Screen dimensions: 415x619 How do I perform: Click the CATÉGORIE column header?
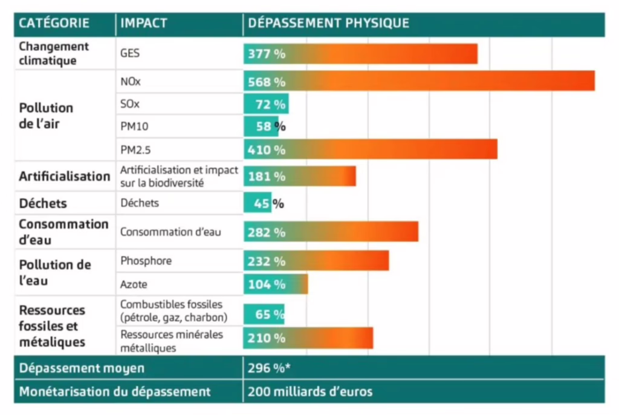pyautogui.click(x=54, y=24)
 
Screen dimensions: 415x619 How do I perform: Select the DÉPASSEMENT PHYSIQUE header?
pyautogui.click(x=329, y=24)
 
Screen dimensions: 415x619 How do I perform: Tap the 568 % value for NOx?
pyautogui.click(x=266, y=82)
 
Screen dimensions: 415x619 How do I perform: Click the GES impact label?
pyautogui.click(x=129, y=53)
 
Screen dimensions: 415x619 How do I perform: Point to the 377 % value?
pyautogui.click(x=266, y=54)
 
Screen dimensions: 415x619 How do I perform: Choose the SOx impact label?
pyautogui.click(x=129, y=104)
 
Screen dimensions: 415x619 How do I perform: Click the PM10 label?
pyautogui.click(x=134, y=126)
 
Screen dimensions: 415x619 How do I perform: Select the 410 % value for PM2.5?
pyautogui.click(x=266, y=149)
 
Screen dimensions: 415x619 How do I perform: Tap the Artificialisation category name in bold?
pyautogui.click(x=65, y=176)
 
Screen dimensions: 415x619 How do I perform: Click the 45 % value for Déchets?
pyautogui.click(x=268, y=203)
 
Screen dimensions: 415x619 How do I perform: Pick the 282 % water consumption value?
pyautogui.click(x=266, y=232)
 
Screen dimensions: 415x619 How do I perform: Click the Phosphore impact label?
pyautogui.click(x=146, y=261)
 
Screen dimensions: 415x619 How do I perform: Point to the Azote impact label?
pyautogui.click(x=134, y=284)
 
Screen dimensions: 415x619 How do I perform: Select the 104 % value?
pyautogui.click(x=266, y=284)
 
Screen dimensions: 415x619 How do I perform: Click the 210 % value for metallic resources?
pyautogui.click(x=266, y=338)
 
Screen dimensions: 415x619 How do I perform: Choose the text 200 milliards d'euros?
pyautogui.click(x=310, y=391)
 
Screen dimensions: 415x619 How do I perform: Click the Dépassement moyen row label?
pyautogui.click(x=82, y=368)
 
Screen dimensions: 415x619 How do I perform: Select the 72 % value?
pyautogui.click(x=270, y=104)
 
